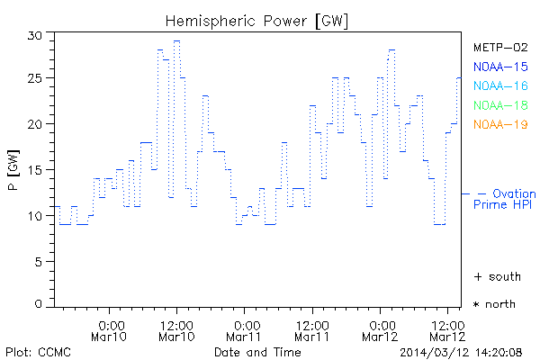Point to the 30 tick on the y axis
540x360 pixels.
(x=35, y=34)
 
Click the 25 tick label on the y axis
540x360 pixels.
(x=35, y=79)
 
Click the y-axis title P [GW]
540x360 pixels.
(x=13, y=171)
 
